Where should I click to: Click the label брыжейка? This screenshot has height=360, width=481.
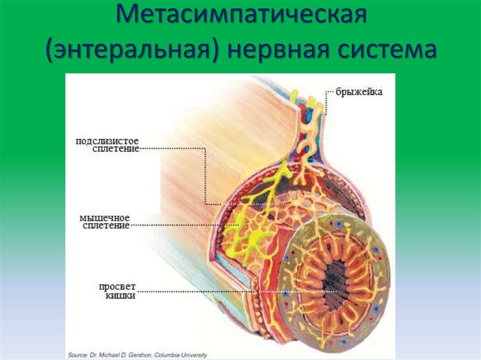pyautogui.click(x=359, y=92)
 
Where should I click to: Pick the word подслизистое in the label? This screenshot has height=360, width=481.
pyautogui.click(x=108, y=141)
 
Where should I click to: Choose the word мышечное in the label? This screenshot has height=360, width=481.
pyautogui.click(x=105, y=218)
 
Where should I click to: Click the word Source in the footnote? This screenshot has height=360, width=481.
pyautogui.click(x=77, y=355)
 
